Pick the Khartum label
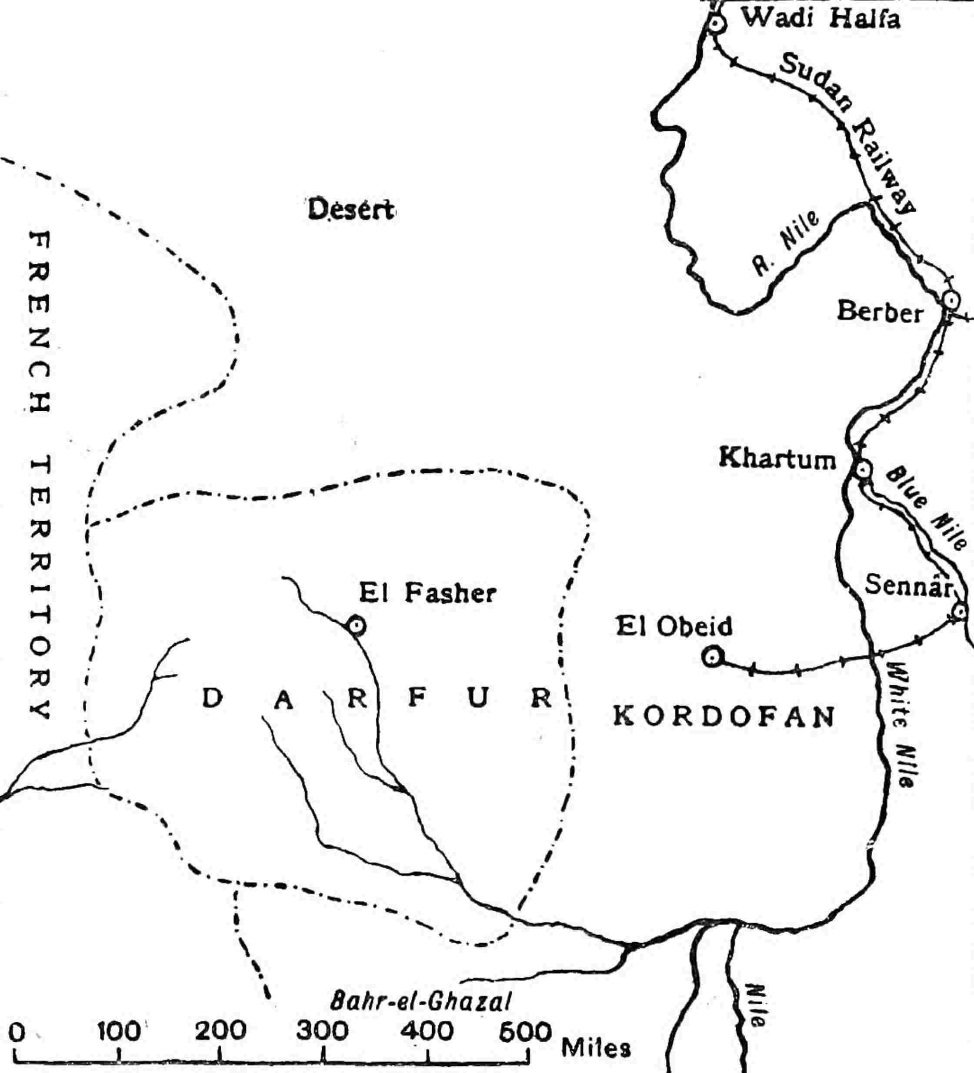tap(777, 459)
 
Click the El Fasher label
tap(427, 593)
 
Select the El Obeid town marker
tap(711, 657)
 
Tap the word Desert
tap(351, 210)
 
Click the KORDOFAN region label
tap(724, 717)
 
